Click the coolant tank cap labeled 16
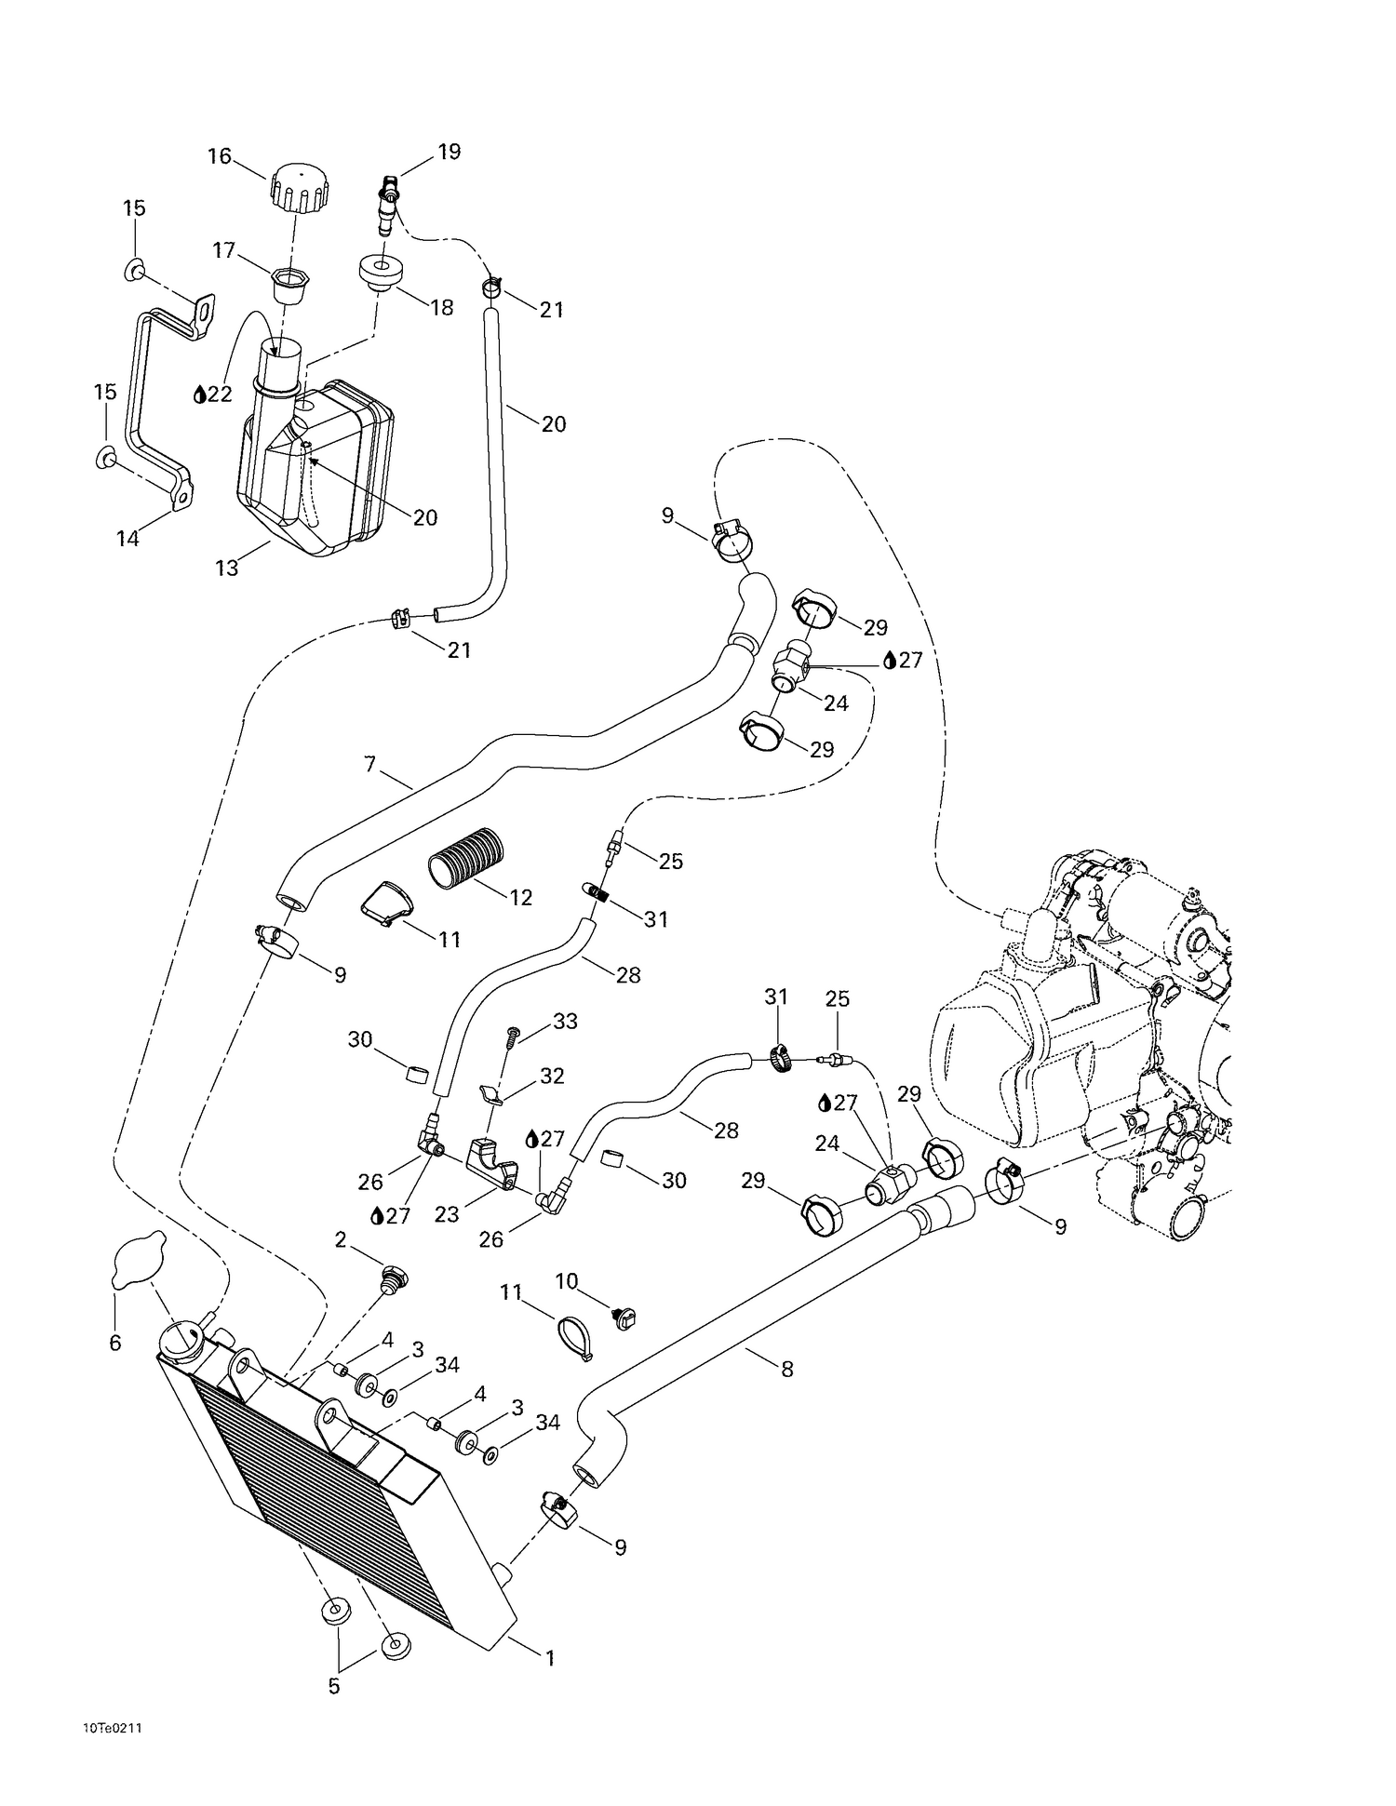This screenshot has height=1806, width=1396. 299,186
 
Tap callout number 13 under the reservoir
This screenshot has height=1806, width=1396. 227,568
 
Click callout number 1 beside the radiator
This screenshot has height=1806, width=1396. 550,1657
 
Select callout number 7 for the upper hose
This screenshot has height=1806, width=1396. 370,765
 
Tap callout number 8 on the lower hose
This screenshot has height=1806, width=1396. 787,1369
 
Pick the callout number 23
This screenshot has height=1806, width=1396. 447,1214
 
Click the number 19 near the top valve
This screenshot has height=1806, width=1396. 450,152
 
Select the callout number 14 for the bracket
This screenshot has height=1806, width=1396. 128,538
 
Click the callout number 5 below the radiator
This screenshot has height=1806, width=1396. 334,1685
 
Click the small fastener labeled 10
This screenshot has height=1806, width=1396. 624,1317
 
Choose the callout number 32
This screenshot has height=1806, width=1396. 552,1076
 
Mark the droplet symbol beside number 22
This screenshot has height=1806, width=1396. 199,395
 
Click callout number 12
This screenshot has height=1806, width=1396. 521,896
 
